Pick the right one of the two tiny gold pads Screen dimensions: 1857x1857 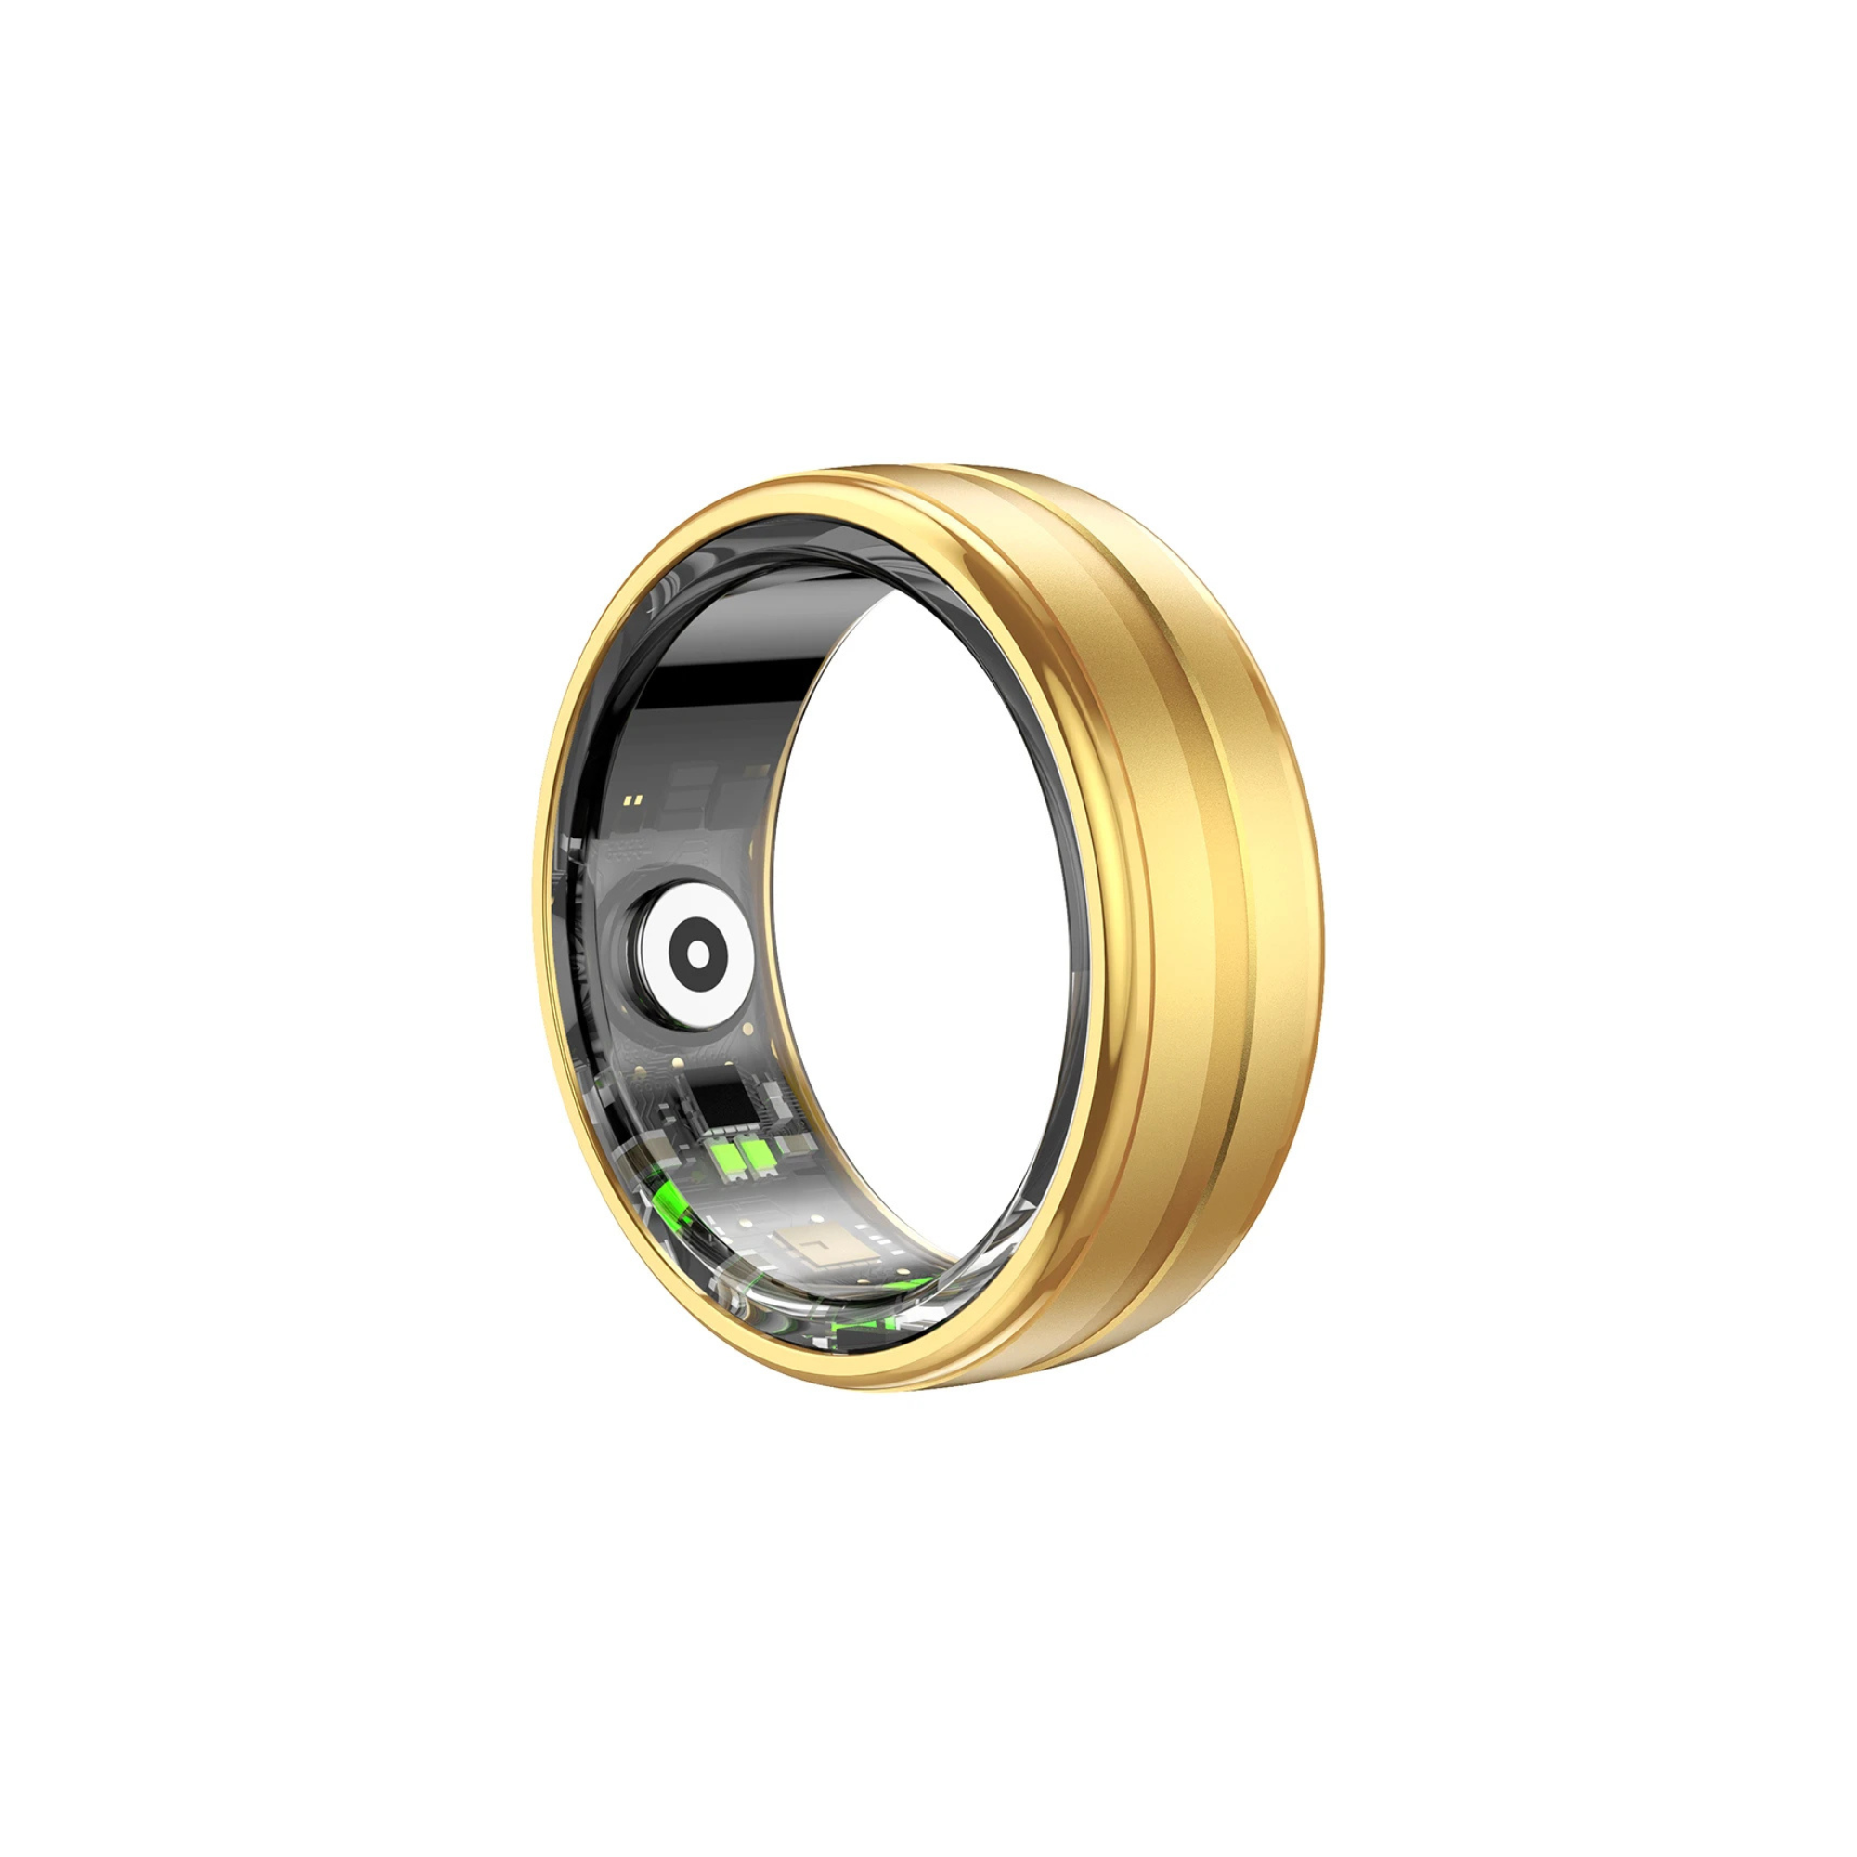638,799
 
